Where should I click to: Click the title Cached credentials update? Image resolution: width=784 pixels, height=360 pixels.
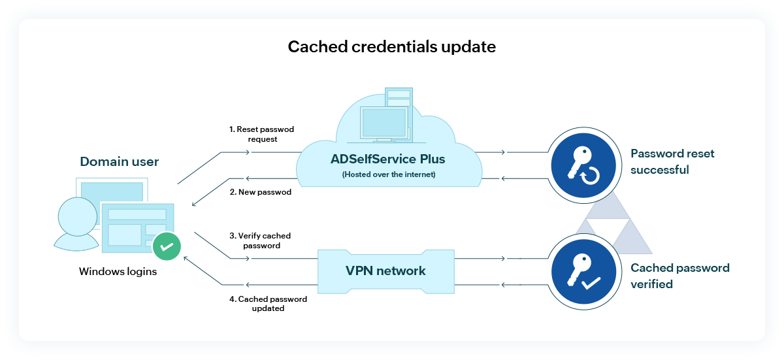pos(391,47)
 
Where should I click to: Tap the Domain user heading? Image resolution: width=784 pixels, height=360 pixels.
pos(119,161)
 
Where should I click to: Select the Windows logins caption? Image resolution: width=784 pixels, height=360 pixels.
pos(118,271)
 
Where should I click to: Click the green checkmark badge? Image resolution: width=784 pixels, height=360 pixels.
pos(167,247)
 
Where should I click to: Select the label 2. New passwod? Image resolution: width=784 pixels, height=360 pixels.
pos(261,193)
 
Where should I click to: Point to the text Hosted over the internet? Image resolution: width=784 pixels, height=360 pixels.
pos(389,174)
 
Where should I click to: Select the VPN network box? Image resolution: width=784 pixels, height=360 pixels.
pos(385,270)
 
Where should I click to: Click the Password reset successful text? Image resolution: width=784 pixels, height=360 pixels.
pos(672,161)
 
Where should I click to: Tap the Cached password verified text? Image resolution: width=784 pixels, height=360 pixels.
pos(679,276)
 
